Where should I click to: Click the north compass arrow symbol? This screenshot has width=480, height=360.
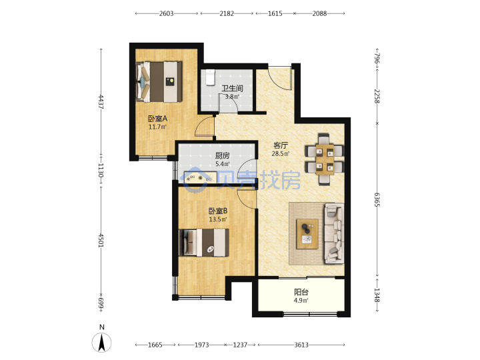point(101,342)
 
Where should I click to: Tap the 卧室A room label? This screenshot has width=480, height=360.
point(157,119)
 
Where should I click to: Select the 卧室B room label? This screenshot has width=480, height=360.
point(218,211)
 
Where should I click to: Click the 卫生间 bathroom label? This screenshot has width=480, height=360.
point(232,89)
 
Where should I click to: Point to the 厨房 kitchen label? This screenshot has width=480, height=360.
point(222,155)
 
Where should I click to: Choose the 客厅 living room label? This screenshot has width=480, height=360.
point(281,145)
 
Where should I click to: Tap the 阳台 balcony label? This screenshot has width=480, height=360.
point(301,292)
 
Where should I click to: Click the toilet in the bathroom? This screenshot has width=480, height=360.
point(210,78)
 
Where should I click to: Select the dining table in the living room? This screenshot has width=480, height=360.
point(325,159)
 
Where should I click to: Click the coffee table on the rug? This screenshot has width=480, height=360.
point(307,234)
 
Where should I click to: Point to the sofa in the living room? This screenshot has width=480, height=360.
point(334,233)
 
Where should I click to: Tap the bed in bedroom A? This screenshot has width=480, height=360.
point(159,82)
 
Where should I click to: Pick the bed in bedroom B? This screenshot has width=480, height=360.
point(204,243)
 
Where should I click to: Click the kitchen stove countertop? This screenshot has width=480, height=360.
point(200,177)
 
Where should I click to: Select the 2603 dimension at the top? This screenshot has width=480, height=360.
point(166,13)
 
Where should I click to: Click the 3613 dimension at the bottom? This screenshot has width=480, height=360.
point(301,345)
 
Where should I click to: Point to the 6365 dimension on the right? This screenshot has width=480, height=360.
point(377,199)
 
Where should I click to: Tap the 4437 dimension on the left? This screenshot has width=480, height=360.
point(101,102)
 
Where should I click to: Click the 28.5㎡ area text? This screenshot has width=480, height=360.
point(281,154)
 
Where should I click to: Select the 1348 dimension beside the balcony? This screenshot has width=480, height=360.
point(377,295)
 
